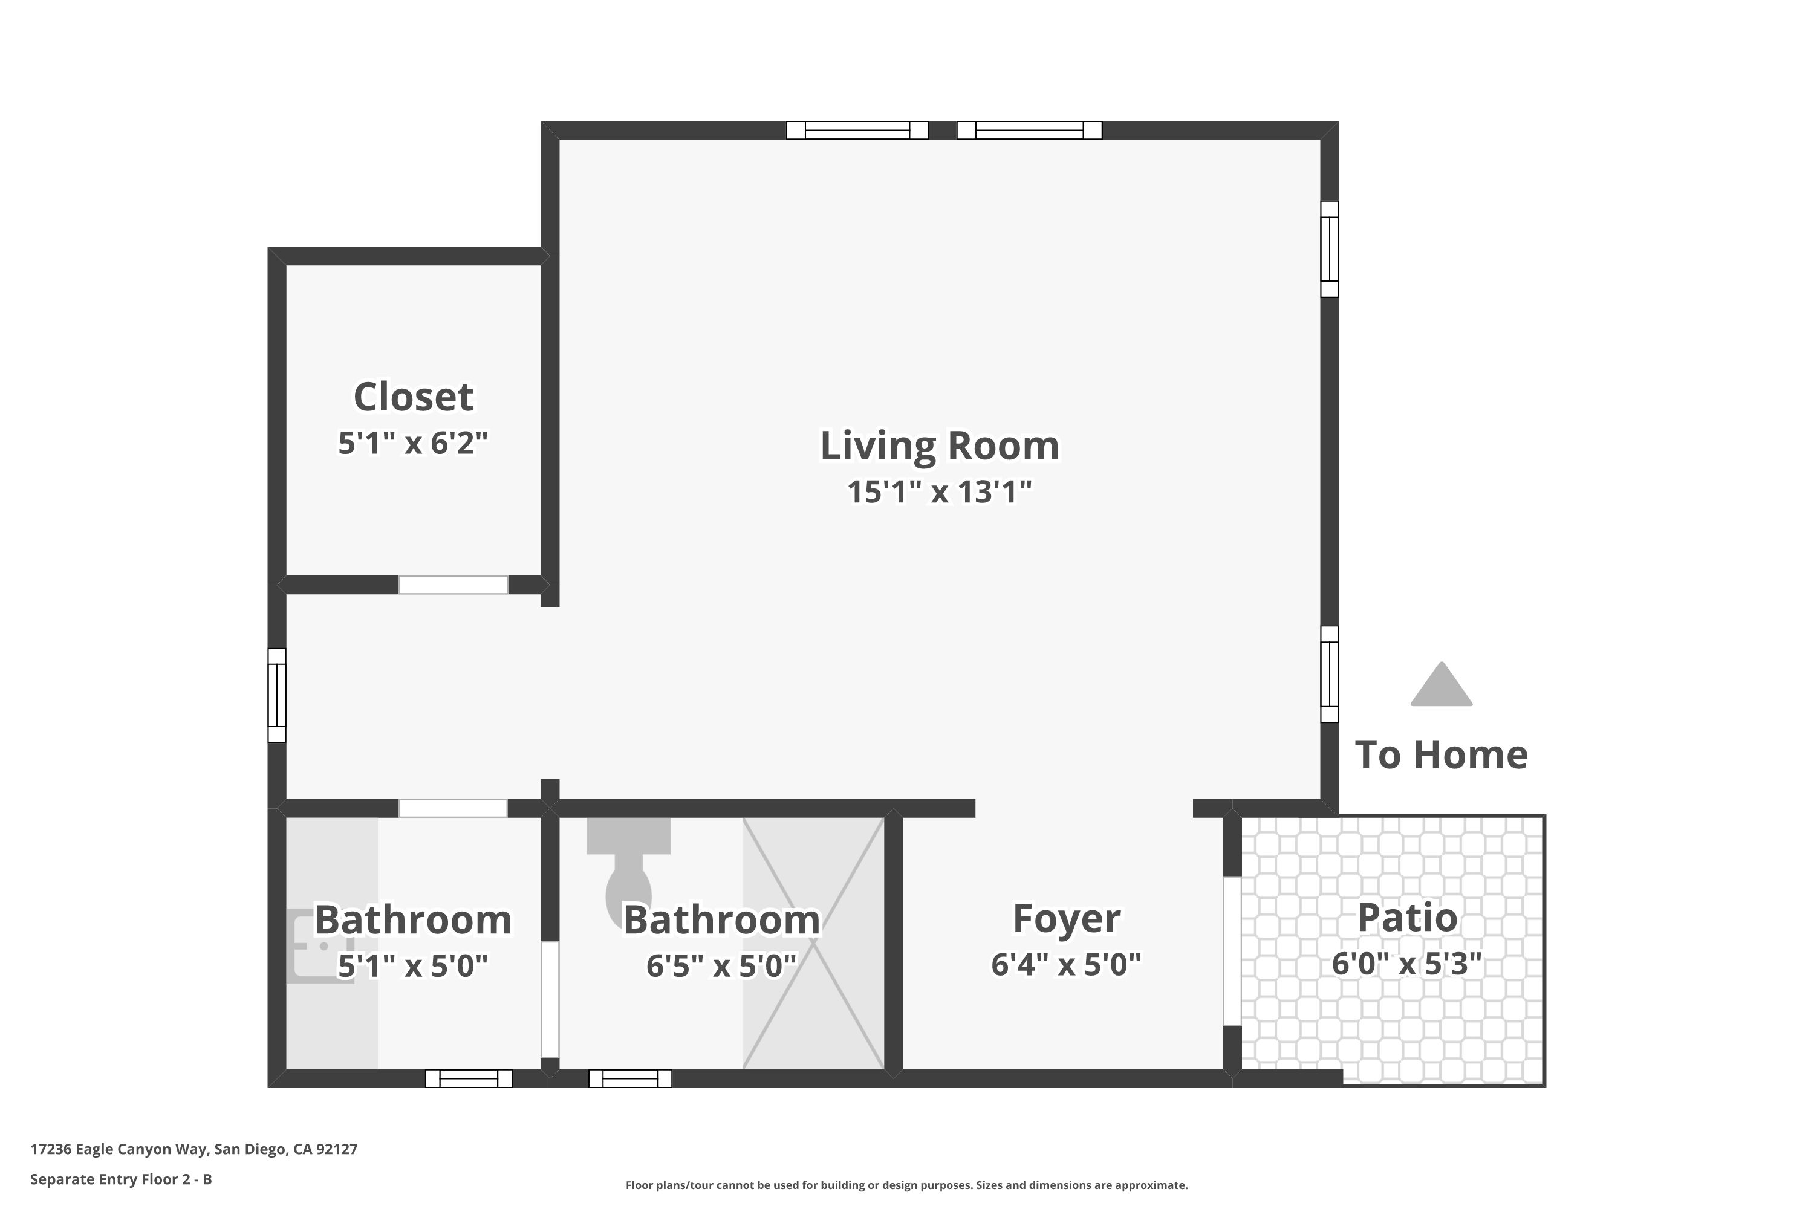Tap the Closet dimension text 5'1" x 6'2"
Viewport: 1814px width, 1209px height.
(414, 443)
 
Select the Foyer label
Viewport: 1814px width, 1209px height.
(1066, 918)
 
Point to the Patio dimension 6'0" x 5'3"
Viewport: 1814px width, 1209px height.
(1407, 964)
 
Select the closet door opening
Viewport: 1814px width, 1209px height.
(453, 585)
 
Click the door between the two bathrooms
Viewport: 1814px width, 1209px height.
(550, 999)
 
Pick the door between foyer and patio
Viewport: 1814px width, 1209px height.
(1232, 951)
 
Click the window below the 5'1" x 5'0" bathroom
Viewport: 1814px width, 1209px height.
(469, 1078)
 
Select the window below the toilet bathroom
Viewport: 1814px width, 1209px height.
(630, 1078)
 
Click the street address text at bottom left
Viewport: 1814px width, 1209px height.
(194, 1149)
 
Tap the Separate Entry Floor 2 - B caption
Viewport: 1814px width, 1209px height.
(121, 1179)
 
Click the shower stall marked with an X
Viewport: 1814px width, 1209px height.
(813, 943)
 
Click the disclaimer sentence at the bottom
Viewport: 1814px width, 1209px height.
(907, 1185)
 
